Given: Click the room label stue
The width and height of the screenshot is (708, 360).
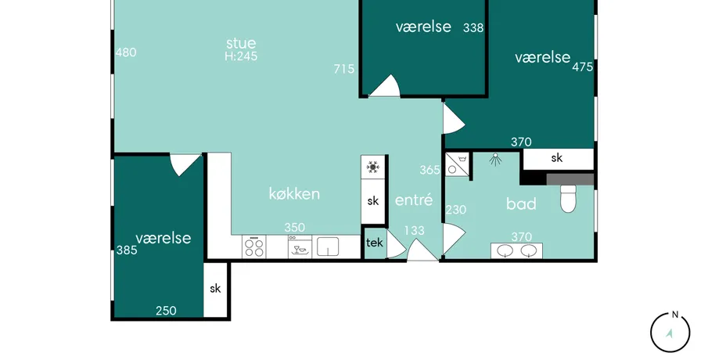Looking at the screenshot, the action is [241, 43].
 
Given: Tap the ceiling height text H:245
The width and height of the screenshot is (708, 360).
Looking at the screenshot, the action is [241, 56].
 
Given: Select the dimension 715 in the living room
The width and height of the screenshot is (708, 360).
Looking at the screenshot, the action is [344, 69].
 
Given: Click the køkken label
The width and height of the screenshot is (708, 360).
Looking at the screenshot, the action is [294, 194].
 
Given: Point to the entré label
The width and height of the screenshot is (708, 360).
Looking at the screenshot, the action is [414, 200].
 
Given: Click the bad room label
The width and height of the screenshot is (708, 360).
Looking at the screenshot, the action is [521, 203].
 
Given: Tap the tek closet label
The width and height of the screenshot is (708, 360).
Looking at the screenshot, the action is [374, 243].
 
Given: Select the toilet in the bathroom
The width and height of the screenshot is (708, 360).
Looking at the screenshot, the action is [569, 198].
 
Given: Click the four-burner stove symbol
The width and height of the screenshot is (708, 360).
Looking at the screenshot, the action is [253, 247].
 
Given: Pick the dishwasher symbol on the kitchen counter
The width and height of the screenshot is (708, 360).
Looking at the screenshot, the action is [300, 247].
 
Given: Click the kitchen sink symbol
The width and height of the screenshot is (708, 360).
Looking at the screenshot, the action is [328, 247].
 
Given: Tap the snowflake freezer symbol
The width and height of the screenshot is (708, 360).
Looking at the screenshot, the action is [373, 167].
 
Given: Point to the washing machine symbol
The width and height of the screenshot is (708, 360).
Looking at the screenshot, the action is [457, 164].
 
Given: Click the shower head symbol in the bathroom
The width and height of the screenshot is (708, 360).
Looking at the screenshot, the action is [496, 160].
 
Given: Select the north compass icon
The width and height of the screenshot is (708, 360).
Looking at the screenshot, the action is [670, 333].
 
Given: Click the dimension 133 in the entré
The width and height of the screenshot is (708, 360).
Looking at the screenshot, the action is [414, 230].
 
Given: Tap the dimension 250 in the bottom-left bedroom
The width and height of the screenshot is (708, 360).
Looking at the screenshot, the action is [166, 311].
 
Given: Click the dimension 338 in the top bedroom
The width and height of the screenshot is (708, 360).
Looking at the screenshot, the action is [473, 28].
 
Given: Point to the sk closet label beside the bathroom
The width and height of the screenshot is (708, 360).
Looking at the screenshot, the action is [557, 157].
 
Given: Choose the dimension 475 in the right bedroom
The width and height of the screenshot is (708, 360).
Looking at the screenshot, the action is [583, 67].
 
